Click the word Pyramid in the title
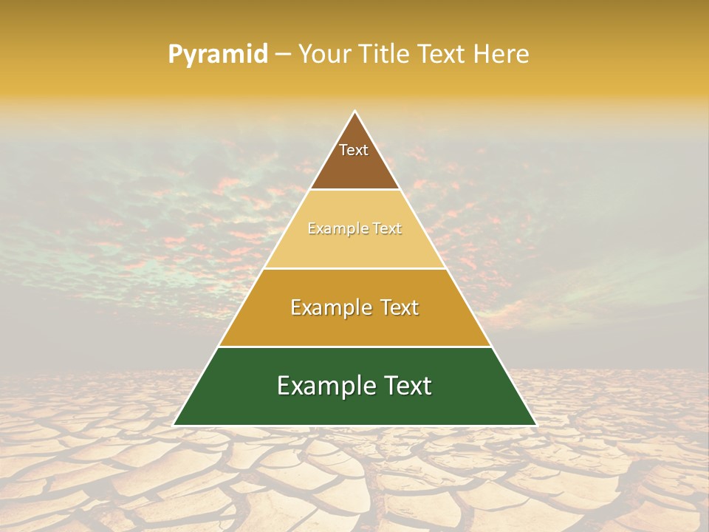click(x=217, y=55)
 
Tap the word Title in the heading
click(x=384, y=54)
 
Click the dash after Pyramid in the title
click(x=282, y=55)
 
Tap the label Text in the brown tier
click(x=354, y=150)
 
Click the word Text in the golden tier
click(x=398, y=307)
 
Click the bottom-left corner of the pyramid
click(x=174, y=425)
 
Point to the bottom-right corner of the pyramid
click(x=535, y=425)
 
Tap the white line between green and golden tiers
click(x=354, y=347)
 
